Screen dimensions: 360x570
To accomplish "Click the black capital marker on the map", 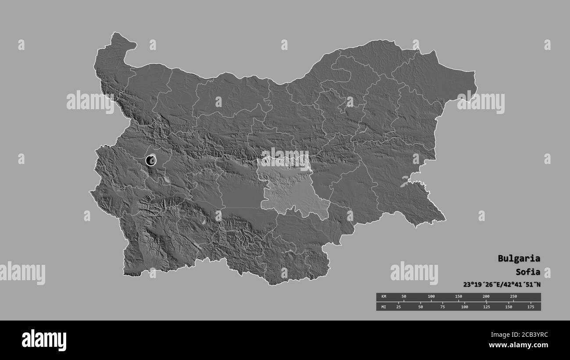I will coord(150,160).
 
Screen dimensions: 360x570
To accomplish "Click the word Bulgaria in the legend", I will coord(519,258).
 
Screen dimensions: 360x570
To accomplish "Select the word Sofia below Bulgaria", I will coord(528,271).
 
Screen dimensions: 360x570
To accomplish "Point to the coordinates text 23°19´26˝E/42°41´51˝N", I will coord(502,285).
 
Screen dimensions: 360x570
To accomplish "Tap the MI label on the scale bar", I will coord(383,307).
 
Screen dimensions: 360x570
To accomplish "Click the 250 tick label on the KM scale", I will coord(513,296).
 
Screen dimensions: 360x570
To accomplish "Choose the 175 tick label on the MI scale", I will coord(530,307).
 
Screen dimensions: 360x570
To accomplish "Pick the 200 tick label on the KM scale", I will coord(486,296).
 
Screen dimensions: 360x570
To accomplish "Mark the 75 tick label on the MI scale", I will coord(442,307).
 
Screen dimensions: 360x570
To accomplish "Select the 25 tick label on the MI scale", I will coord(399,307).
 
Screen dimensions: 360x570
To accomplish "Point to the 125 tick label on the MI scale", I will coord(486,307).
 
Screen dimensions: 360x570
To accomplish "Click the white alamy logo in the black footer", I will coord(44,340).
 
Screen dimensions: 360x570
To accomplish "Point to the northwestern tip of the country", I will coord(117,34).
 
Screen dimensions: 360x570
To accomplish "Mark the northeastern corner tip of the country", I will coord(474,72).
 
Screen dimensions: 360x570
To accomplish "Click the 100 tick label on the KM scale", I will coord(431,296).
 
